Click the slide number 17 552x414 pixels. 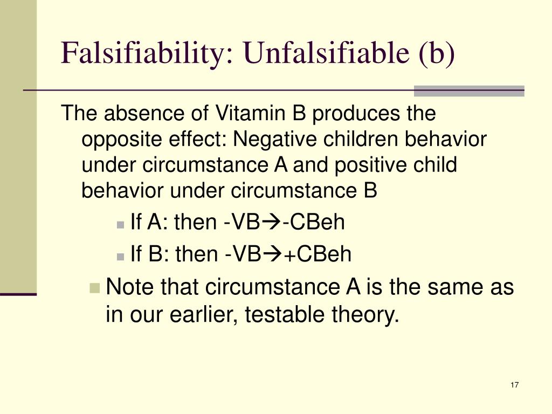514,385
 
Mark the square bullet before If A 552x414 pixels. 122,224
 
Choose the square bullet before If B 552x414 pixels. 122,255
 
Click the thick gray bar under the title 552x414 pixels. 469,91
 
